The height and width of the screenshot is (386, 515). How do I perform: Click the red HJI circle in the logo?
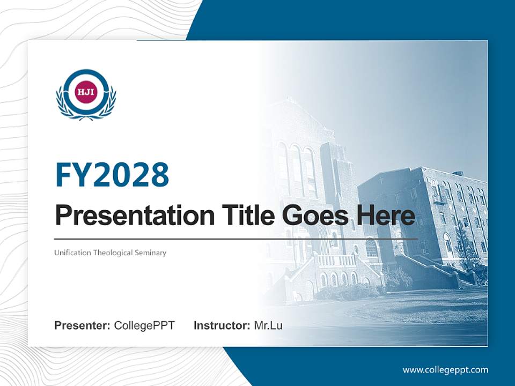pyautogui.click(x=86, y=91)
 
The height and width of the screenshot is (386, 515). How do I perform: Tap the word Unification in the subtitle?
pyautogui.click(x=72, y=253)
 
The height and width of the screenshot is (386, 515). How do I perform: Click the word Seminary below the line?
pyautogui.click(x=151, y=253)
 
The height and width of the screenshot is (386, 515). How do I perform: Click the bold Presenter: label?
pyautogui.click(x=83, y=325)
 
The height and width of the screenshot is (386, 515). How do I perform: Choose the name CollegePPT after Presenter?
pyautogui.click(x=144, y=325)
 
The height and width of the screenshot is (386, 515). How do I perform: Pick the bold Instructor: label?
pyautogui.click(x=222, y=325)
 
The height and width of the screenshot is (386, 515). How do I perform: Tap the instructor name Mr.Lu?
pyautogui.click(x=268, y=325)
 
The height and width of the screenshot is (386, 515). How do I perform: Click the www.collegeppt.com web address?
pyautogui.click(x=445, y=369)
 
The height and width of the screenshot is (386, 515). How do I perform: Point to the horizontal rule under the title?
pyautogui.click(x=236, y=239)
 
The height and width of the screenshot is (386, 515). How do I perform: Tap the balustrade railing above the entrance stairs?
pyautogui.click(x=337, y=261)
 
